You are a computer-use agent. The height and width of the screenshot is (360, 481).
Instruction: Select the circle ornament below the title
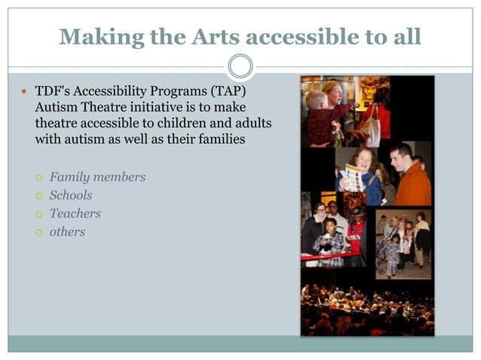click(x=240, y=66)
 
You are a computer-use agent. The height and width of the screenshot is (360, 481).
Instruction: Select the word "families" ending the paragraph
click(x=222, y=139)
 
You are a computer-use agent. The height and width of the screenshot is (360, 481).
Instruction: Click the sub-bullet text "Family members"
click(x=97, y=177)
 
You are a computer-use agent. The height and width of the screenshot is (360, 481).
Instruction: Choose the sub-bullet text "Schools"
click(x=71, y=195)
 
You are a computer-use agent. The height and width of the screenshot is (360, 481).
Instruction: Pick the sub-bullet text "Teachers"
click(x=75, y=213)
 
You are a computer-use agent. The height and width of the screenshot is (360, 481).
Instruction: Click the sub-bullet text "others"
click(x=67, y=232)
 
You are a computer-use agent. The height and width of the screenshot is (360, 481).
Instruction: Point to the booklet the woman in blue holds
click(x=351, y=177)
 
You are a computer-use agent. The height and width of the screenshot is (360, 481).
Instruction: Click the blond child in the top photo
click(x=318, y=109)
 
